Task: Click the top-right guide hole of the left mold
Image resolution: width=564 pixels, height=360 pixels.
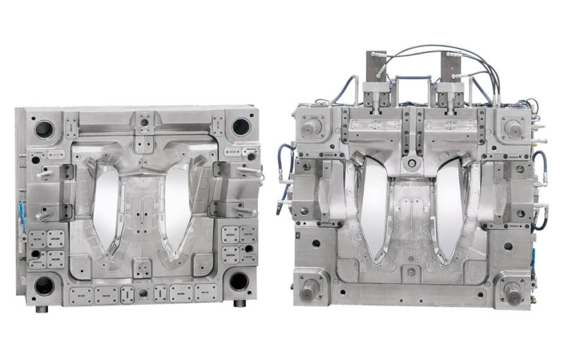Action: [x=240, y=127]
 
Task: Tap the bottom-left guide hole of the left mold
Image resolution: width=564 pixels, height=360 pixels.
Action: [x=44, y=284]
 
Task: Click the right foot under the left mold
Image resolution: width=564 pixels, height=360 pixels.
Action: [x=240, y=304]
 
